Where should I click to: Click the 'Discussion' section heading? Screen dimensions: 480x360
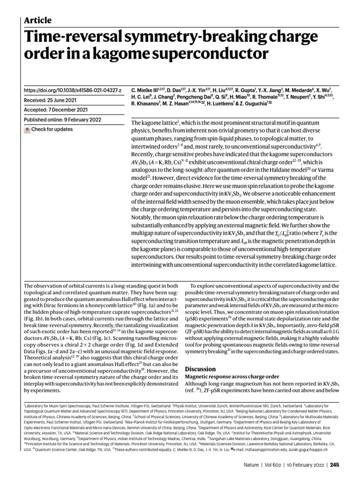coord(201,369)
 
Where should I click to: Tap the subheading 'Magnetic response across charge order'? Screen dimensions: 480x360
coord(232,376)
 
